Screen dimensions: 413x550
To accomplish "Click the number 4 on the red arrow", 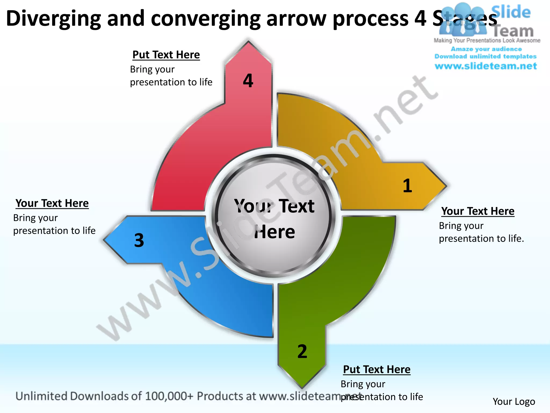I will pos(248,81).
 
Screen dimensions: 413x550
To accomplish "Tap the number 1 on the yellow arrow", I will pos(407,186).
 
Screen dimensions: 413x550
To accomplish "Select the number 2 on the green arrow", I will pos(302,351).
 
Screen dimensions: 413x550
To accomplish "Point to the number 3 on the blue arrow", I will pos(139,240).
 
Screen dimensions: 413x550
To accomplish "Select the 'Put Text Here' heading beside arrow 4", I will pos(166,55).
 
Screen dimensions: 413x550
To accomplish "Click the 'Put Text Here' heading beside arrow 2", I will pos(377,369).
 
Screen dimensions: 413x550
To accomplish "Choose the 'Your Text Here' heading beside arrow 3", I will pos(52,203).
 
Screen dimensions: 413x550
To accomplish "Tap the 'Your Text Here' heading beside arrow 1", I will pos(478,211).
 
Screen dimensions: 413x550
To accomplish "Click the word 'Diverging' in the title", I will pos(53,18).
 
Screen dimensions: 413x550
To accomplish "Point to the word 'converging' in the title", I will pos(206,18).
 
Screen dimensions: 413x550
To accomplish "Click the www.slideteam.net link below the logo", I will pos(486,66).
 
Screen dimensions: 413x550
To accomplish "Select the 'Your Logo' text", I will pos(513,401).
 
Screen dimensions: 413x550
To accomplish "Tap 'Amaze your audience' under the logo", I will pos(486,49).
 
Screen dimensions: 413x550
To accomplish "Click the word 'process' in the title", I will pos(371,18).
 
